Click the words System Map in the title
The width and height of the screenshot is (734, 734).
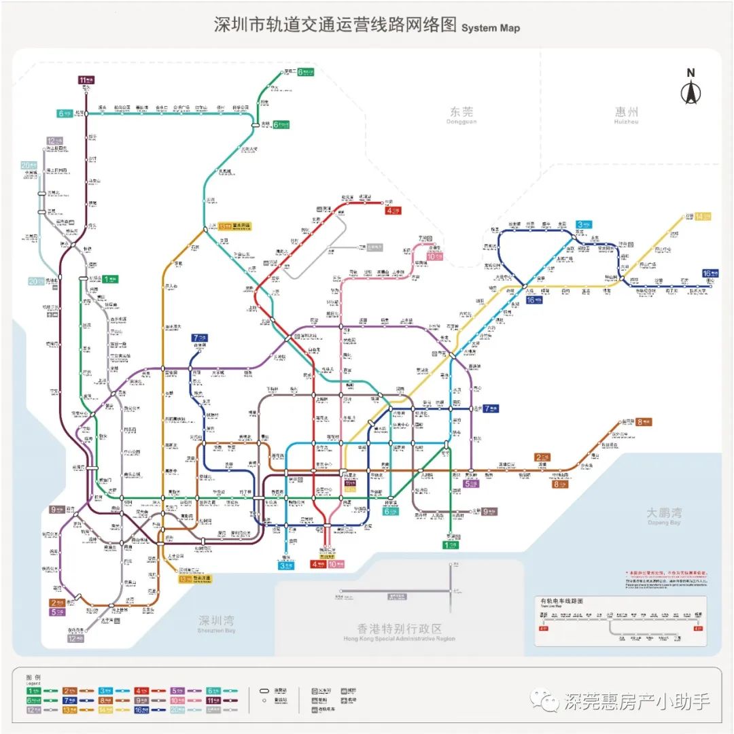pos(490,29)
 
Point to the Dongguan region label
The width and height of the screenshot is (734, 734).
pos(461,113)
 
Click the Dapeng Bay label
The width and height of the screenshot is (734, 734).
pos(664,514)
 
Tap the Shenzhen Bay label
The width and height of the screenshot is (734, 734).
pos(217,623)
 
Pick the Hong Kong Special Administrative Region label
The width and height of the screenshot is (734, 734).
pos(399,631)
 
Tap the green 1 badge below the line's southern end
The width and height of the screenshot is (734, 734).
pos(451,544)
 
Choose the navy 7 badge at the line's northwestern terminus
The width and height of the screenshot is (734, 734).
pos(199,337)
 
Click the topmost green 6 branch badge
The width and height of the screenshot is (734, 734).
pos(304,71)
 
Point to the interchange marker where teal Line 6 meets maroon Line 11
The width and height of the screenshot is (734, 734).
pos(86,113)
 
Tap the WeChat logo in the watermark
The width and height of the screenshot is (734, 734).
pos(545,699)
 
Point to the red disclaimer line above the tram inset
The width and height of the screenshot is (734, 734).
pos(666,573)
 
